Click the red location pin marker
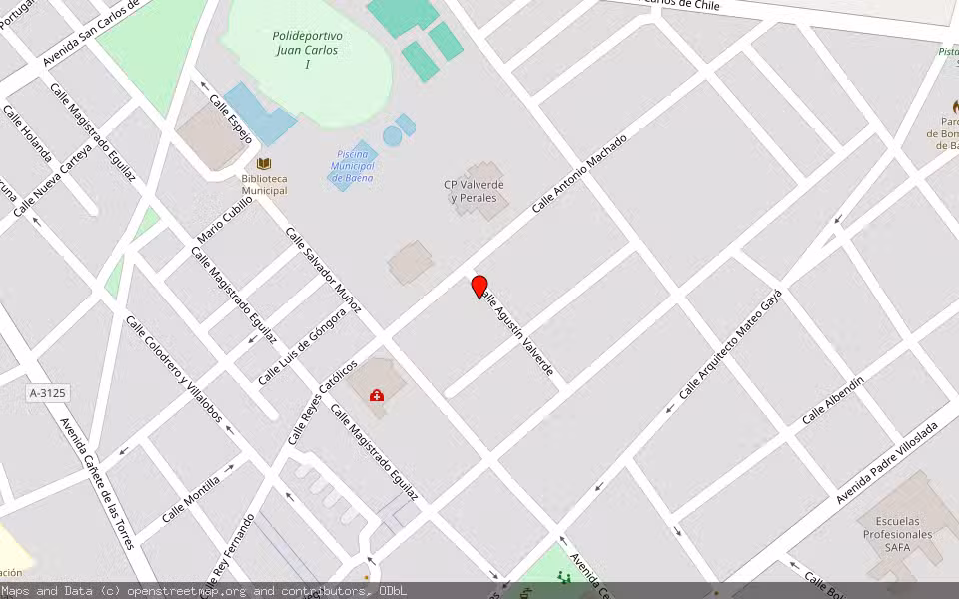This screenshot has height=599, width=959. [479, 287]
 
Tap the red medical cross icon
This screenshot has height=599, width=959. [377, 396]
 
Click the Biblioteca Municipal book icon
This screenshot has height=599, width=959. [264, 163]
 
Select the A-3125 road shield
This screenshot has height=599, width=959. [47, 394]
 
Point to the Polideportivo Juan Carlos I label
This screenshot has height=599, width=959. [305, 49]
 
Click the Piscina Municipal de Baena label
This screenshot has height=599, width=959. [353, 166]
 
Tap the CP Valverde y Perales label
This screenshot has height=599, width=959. [474, 191]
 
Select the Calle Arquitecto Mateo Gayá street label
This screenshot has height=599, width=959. [730, 344]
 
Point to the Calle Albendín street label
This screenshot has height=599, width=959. [832, 398]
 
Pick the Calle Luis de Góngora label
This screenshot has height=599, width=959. [302, 346]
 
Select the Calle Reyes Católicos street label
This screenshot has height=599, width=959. [322, 402]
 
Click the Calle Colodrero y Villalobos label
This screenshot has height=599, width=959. [172, 368]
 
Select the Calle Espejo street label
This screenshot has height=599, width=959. [230, 119]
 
